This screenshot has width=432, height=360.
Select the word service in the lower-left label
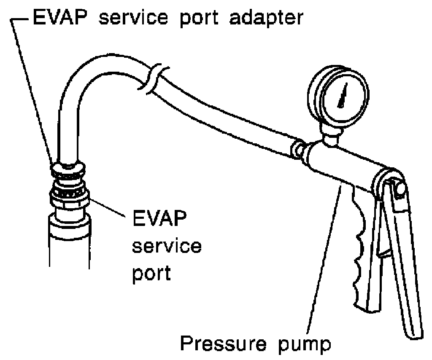[167, 246]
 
